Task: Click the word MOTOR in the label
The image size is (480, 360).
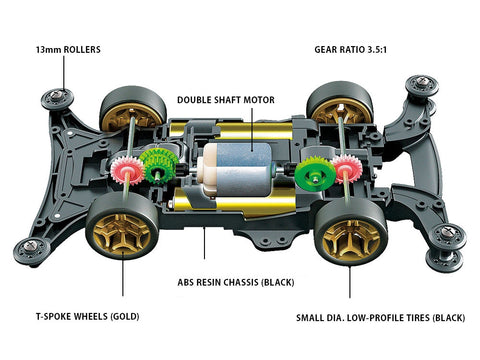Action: click(x=259, y=100)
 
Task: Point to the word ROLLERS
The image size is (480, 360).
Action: click(x=82, y=50)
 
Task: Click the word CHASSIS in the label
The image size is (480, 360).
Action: click(x=241, y=282)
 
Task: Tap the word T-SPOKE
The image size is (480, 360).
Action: click(x=53, y=316)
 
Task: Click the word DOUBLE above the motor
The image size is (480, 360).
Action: click(x=192, y=100)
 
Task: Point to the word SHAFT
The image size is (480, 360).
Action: click(x=226, y=100)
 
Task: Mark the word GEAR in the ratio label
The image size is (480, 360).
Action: click(x=325, y=50)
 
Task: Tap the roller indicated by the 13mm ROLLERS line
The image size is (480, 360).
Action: click(x=57, y=99)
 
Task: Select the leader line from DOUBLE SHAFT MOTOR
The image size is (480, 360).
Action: click(x=252, y=129)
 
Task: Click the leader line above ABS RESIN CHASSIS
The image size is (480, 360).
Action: click(x=204, y=242)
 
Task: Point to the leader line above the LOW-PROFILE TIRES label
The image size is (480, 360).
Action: click(x=350, y=281)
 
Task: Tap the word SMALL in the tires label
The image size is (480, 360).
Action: click(x=310, y=318)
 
